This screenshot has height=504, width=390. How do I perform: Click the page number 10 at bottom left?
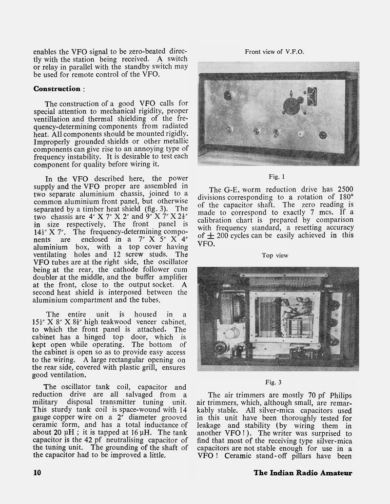(38, 472)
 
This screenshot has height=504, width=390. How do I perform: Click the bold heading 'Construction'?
(56, 89)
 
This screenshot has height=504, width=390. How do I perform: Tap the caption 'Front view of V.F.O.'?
(274, 51)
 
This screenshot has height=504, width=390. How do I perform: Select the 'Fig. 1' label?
(276, 176)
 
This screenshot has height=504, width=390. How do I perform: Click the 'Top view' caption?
(275, 255)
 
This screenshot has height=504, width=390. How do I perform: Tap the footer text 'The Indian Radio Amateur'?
(303, 472)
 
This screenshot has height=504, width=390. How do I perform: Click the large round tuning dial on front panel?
(292, 105)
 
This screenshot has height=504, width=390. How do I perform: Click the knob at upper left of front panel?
(228, 96)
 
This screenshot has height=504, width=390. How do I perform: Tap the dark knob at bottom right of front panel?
(322, 135)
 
